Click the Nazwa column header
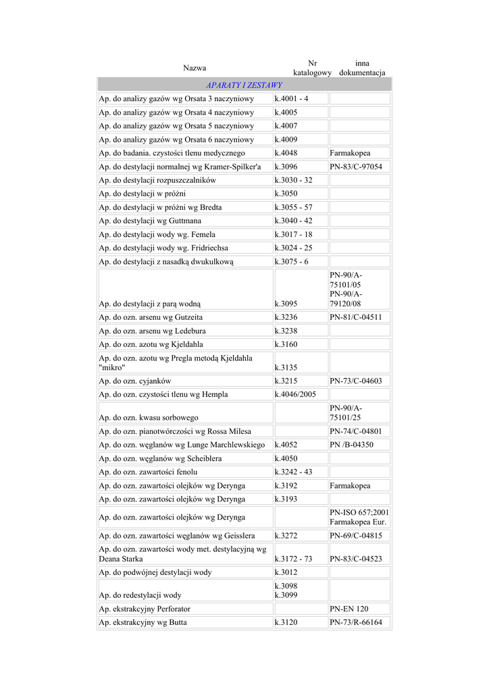(x=195, y=68)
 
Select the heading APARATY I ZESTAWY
(x=244, y=86)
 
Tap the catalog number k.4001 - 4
(x=292, y=99)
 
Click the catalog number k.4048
(x=286, y=153)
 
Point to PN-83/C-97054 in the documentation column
(x=356, y=167)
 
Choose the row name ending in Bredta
(x=160, y=207)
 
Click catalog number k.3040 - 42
(x=294, y=221)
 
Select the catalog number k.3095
(x=286, y=304)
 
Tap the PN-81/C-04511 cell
(x=356, y=317)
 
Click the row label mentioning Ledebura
(x=153, y=331)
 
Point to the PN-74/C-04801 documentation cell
(x=356, y=431)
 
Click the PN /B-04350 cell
(x=351, y=445)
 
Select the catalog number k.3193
(x=286, y=499)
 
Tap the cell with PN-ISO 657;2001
(x=359, y=512)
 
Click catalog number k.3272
(x=286, y=535)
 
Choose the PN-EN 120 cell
(x=349, y=609)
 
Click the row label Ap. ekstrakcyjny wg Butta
(x=143, y=622)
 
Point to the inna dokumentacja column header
(x=362, y=68)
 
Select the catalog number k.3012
(x=286, y=572)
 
